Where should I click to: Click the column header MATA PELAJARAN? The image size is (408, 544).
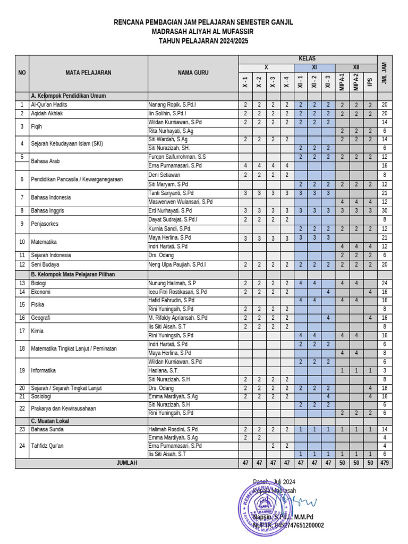pyautogui.click(x=88, y=73)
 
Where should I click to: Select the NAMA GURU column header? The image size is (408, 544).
pyautogui.click(x=193, y=73)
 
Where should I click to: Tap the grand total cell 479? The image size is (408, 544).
pyautogui.click(x=384, y=463)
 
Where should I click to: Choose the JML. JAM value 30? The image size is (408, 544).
pyautogui.click(x=384, y=211)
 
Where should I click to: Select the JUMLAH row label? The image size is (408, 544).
pyautogui.click(x=126, y=463)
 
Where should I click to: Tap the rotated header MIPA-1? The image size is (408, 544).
pyautogui.click(x=343, y=82)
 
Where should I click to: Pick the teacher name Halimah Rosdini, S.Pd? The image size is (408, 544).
pyautogui.click(x=174, y=429)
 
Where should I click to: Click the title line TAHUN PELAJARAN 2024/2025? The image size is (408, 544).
pyautogui.click(x=203, y=41)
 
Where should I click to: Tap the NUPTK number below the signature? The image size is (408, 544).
pyautogui.click(x=288, y=525)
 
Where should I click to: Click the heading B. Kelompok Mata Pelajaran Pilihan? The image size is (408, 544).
pyautogui.click(x=73, y=275)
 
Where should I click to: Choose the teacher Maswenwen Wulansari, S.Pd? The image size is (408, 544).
pyautogui.click(x=181, y=202)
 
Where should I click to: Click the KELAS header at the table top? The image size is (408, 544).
pyautogui.click(x=307, y=58)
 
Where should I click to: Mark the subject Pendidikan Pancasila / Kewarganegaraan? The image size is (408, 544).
pyautogui.click(x=77, y=179)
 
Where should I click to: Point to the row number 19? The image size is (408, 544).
pyautogui.click(x=22, y=370)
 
